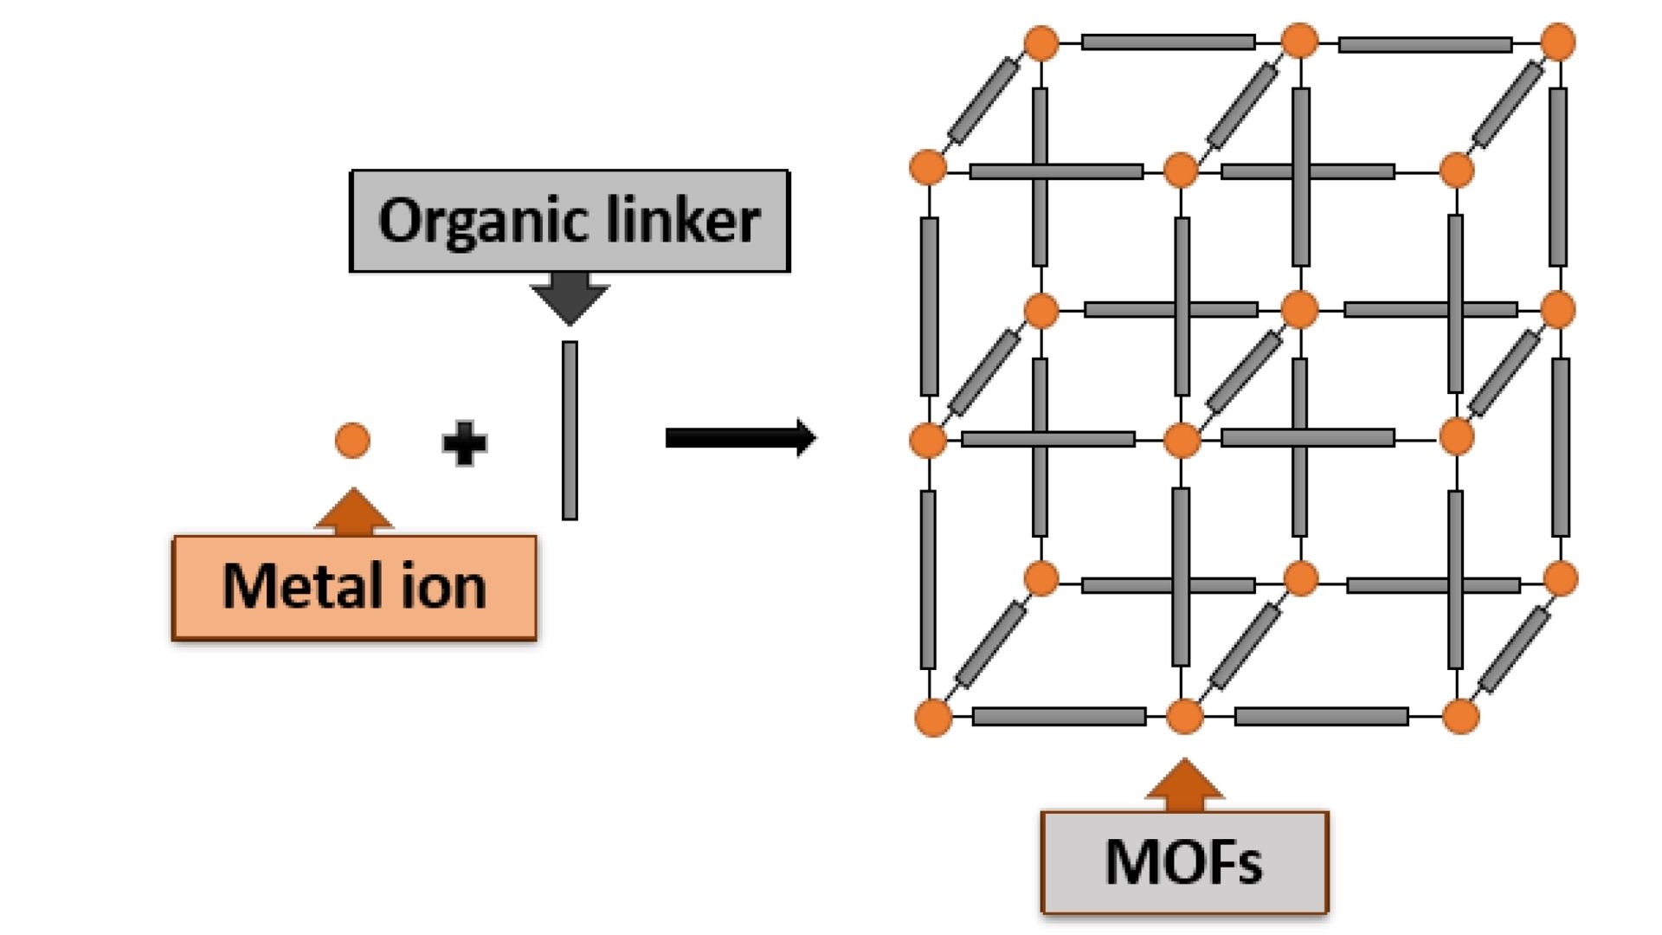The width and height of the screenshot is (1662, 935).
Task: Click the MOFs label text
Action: coord(1183,862)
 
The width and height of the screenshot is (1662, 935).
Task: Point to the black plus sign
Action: coord(465,443)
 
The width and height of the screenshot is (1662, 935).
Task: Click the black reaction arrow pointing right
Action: coord(740,438)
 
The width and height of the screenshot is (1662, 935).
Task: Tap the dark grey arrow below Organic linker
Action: coord(570,297)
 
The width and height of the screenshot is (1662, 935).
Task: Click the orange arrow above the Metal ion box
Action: coord(353,511)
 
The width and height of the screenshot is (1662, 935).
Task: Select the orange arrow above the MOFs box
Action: coord(1184,784)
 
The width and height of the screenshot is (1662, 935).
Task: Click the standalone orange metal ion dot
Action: coord(352,441)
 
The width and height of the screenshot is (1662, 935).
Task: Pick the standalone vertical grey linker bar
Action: coord(570,430)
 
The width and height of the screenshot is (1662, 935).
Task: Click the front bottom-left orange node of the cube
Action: coord(933,718)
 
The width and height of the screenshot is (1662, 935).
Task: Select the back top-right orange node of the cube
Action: coord(1558,42)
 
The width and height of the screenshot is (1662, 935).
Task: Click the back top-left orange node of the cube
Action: coord(1041,42)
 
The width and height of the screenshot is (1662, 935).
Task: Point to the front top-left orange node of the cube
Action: coord(928,167)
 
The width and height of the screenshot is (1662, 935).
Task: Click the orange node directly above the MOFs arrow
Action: coord(1184,717)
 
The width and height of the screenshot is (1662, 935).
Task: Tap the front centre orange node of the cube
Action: coord(1182,440)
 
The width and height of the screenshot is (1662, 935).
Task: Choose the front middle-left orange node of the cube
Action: coord(928,440)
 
